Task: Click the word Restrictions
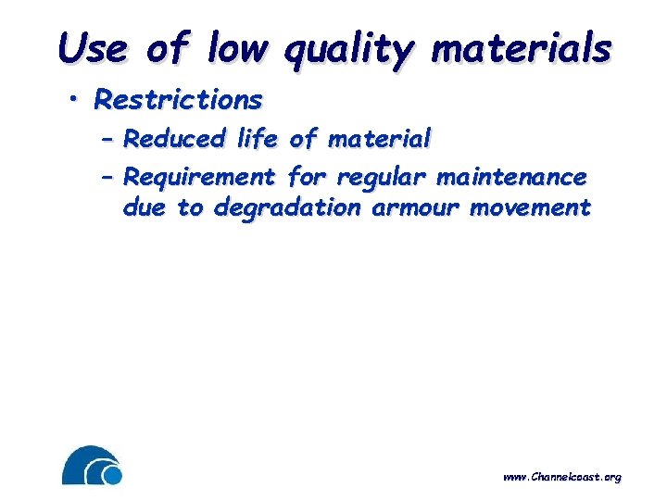179,98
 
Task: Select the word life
257,140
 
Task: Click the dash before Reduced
107,141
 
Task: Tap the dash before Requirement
107,176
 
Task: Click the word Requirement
199,177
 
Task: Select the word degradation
287,208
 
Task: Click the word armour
415,208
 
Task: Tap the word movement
530,208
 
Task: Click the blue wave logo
92,466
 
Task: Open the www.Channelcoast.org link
561,477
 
